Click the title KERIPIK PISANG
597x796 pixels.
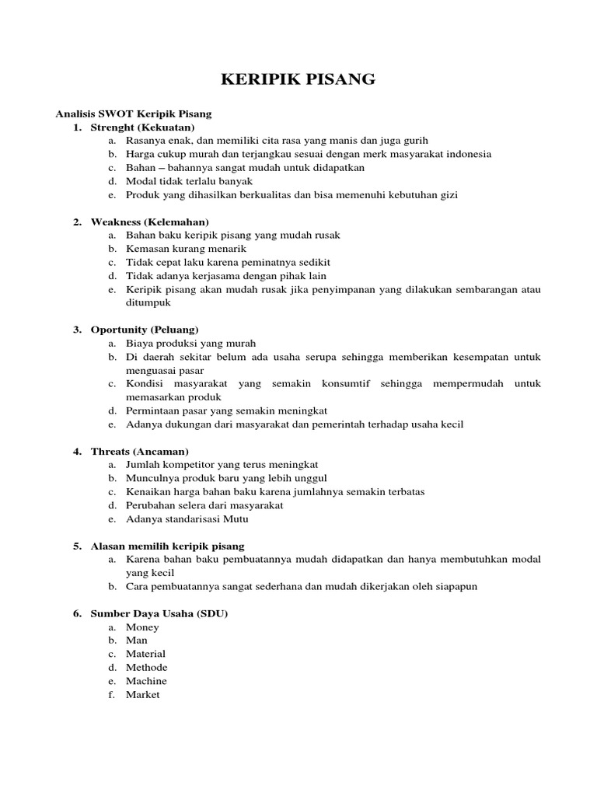point(298,79)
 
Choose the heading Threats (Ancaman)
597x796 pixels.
point(140,451)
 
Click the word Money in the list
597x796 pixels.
point(142,627)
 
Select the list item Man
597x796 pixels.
point(136,641)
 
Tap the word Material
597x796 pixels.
point(145,654)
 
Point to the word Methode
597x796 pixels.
point(146,667)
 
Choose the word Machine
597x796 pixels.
point(146,681)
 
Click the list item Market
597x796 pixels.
point(142,694)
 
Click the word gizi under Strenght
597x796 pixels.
point(449,194)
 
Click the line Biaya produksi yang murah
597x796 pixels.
point(190,343)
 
